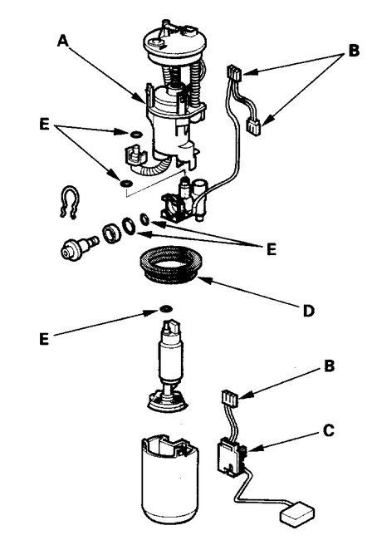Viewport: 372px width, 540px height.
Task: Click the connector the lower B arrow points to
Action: (x=232, y=401)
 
